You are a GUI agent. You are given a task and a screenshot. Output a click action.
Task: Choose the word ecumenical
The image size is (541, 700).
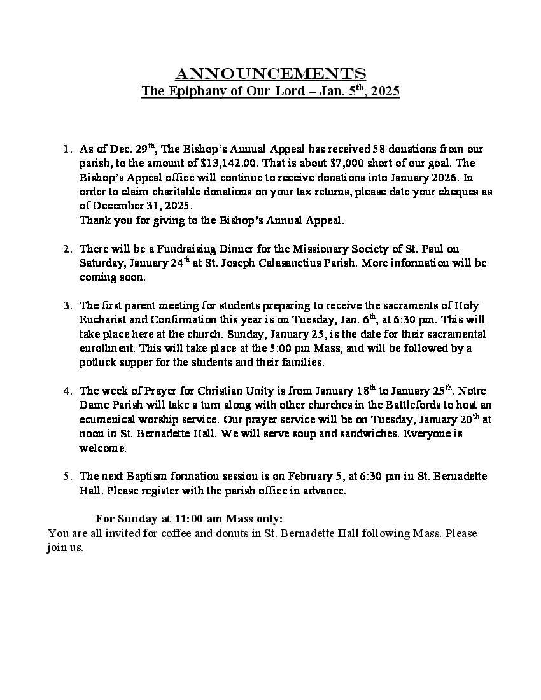coord(109,419)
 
